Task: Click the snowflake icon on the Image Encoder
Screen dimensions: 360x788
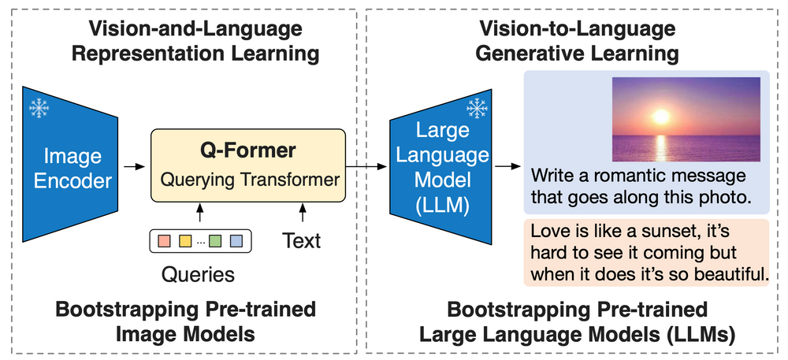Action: pos(37,107)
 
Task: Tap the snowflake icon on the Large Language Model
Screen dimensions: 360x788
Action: pos(476,107)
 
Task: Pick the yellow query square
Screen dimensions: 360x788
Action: pos(186,240)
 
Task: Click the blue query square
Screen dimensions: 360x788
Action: pos(236,240)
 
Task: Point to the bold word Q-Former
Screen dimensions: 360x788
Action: pos(247,150)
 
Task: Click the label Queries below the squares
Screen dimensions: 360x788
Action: pos(198,275)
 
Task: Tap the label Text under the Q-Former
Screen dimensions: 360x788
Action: pos(301,239)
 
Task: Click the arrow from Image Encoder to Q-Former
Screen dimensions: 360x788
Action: pos(135,166)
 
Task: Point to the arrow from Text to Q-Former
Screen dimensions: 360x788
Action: pos(302,212)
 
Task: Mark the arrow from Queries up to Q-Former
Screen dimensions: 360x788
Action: pos(200,212)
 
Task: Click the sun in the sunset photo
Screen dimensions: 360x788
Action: pos(660,117)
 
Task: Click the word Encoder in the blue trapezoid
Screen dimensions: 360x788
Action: pos(73,180)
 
